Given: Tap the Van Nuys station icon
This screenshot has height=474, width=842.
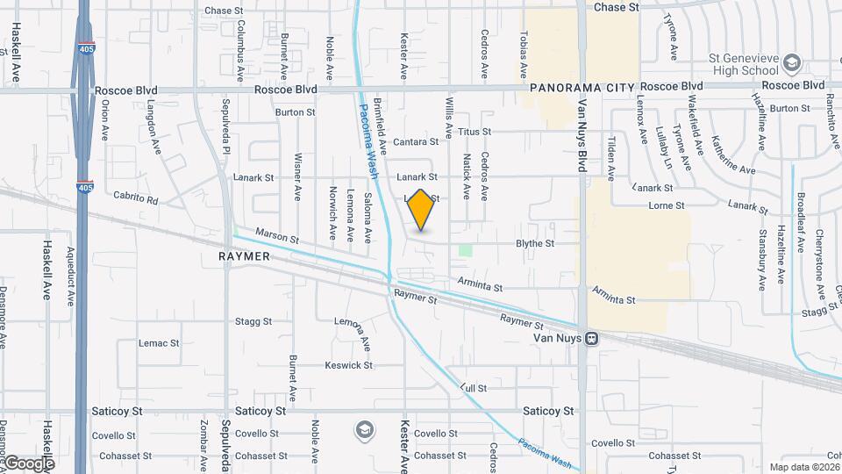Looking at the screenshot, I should [x=593, y=338].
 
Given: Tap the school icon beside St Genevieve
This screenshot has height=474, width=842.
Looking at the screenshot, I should [x=792, y=62].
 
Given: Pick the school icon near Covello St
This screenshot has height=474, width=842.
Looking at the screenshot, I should [x=363, y=430].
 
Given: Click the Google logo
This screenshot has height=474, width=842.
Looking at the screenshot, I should [x=29, y=463].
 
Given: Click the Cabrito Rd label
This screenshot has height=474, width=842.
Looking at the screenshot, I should [x=135, y=199].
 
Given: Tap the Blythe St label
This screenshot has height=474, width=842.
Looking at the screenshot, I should [x=535, y=243].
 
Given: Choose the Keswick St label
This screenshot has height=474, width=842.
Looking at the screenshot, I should [x=348, y=365].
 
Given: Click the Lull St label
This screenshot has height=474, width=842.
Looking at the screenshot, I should [x=473, y=387].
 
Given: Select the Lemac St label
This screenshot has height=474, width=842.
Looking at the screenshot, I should [x=158, y=343].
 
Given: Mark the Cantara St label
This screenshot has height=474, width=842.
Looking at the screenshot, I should [x=415, y=141].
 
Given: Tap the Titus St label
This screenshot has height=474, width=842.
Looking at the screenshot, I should [x=475, y=132].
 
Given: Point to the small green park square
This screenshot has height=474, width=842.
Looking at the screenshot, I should [x=465, y=251].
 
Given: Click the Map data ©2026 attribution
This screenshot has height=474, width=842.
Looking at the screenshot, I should [x=803, y=467].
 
